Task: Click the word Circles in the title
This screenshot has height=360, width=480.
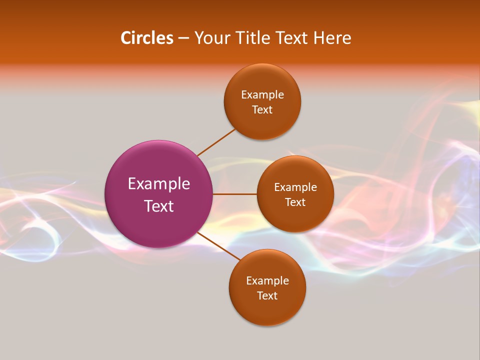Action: tap(146, 38)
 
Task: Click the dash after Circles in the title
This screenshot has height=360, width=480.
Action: tap(183, 38)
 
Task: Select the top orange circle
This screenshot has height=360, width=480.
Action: tap(262, 122)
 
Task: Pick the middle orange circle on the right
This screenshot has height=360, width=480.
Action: tap(295, 217)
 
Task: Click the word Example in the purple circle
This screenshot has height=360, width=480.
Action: tap(159, 184)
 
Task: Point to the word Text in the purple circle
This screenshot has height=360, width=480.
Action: tap(159, 206)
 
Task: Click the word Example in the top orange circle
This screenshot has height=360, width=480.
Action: tap(262, 95)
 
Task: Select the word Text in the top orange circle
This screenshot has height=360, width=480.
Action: tap(262, 110)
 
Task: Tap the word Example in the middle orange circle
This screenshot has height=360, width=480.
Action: tap(295, 187)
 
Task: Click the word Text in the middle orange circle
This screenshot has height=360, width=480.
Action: tap(295, 202)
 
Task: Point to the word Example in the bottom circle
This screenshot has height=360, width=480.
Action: tap(267, 281)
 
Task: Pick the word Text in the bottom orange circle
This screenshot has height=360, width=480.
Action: tap(267, 296)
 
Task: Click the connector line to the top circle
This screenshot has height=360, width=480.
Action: tap(216, 142)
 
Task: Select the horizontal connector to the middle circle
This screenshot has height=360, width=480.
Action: tap(234, 194)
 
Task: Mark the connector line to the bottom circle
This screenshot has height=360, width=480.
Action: tap(218, 246)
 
